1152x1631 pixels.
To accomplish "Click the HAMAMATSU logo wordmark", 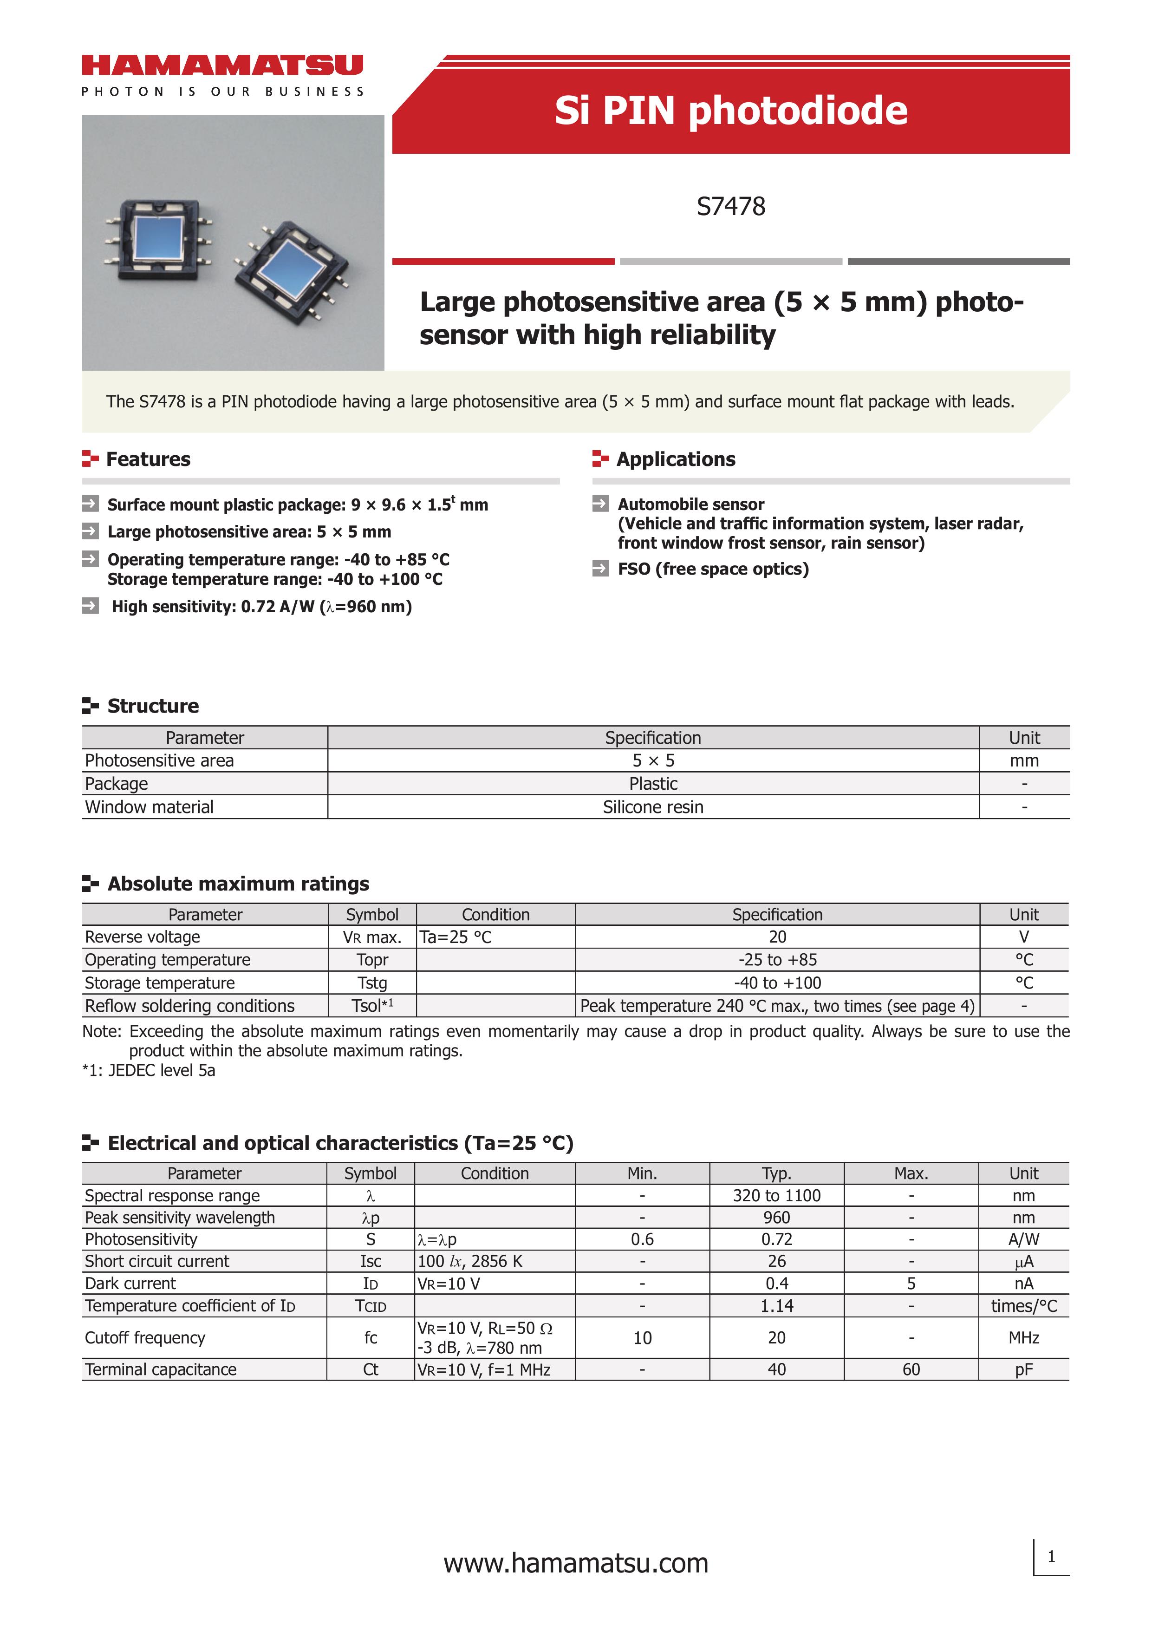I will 222,66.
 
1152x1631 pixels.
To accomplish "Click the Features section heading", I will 148,459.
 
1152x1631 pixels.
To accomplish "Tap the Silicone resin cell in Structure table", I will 653,807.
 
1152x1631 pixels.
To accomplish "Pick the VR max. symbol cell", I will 372,937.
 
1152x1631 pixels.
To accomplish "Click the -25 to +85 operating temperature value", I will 777,960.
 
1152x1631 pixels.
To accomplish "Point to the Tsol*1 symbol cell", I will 372,1006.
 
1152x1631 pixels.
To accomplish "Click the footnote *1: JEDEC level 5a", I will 149,1070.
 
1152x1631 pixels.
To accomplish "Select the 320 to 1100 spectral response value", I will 776,1196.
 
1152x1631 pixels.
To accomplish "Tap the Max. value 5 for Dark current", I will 911,1283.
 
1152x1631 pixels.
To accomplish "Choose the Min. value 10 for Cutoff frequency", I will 642,1337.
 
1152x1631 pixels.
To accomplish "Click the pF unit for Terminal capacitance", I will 1023,1369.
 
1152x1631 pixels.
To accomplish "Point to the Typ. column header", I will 776,1173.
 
